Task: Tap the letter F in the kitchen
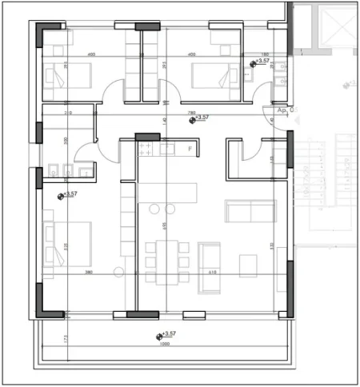(190, 149)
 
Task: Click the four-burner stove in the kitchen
(147, 149)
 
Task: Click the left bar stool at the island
(154, 209)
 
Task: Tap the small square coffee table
(249, 261)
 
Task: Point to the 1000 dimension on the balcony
(164, 345)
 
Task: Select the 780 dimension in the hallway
(192, 113)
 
